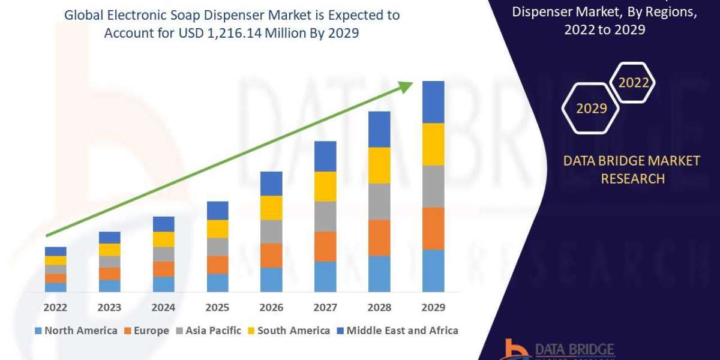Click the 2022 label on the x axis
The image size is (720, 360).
[x=56, y=308]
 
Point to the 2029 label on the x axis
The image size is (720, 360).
[x=433, y=308]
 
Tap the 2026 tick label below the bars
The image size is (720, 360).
[x=271, y=308]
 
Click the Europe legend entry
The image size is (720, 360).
[x=148, y=331]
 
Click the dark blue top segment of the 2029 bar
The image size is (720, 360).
[x=433, y=102]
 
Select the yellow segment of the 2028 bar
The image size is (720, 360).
[x=379, y=165]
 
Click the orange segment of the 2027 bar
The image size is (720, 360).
[x=325, y=246]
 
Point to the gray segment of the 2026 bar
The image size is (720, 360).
[x=271, y=231]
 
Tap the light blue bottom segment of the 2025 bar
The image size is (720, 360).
[x=217, y=283]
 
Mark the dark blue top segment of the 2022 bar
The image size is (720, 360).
[x=56, y=251]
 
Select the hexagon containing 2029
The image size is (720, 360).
[x=590, y=109]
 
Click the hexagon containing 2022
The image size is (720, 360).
[x=633, y=83]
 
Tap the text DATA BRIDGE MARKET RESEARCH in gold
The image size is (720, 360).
[x=632, y=169]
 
